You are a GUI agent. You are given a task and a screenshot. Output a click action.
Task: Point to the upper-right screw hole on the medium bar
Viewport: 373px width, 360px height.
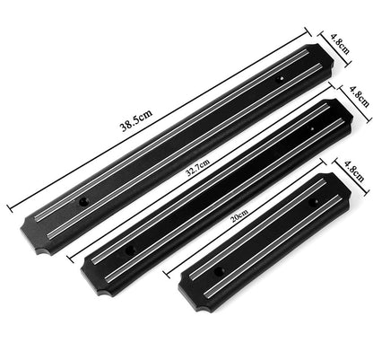(312, 131)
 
